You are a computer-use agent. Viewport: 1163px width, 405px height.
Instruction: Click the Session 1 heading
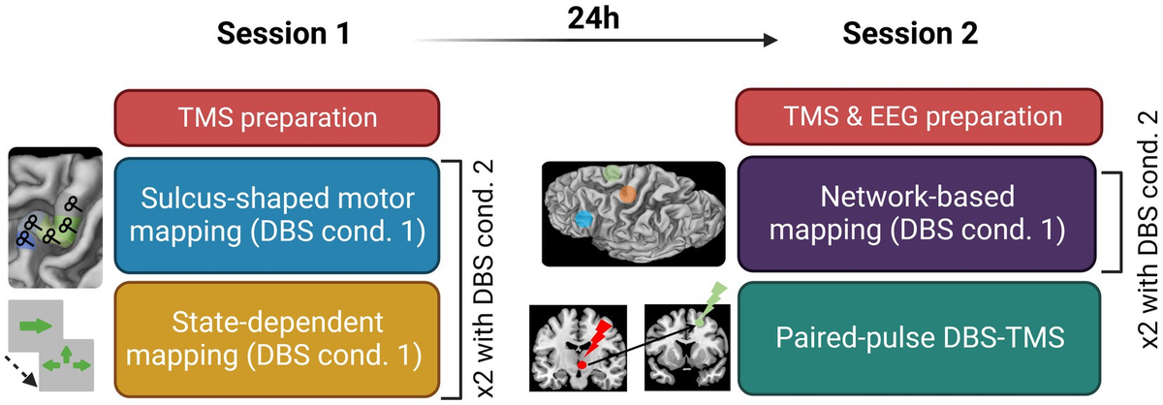tap(280, 36)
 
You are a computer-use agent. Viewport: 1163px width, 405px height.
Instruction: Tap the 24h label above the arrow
tap(595, 16)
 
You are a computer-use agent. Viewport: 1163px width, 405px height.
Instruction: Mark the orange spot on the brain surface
tap(627, 194)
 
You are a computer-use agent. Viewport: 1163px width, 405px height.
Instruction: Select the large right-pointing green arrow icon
tap(36, 327)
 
